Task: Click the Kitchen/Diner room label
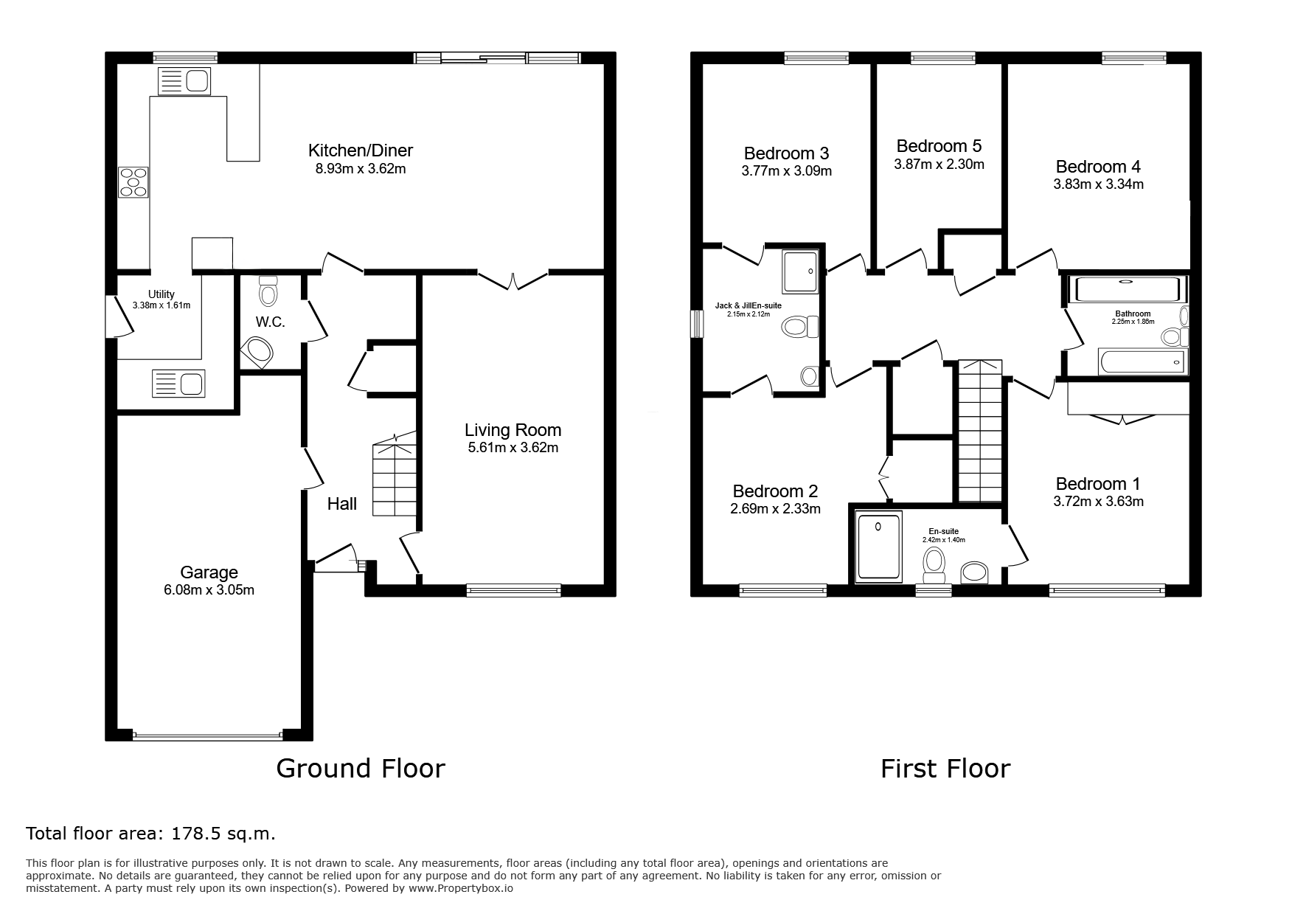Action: (x=361, y=150)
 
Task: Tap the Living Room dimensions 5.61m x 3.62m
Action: (x=513, y=448)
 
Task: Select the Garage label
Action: (x=209, y=572)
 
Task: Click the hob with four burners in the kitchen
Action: (x=133, y=182)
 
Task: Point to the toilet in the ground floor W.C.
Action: (x=268, y=291)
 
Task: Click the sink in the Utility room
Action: (x=178, y=384)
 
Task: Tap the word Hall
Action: (x=342, y=504)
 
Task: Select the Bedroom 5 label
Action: (x=939, y=146)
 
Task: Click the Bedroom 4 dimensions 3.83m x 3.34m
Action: (x=1098, y=184)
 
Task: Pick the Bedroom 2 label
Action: (x=775, y=491)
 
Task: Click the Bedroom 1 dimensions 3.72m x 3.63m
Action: (x=1098, y=502)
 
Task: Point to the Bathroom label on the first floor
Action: (x=1133, y=314)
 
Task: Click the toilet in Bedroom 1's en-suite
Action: (x=935, y=566)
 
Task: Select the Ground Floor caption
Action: (x=361, y=769)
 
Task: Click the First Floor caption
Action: (x=945, y=769)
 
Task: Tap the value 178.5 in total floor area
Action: (x=192, y=834)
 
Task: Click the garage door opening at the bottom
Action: (x=208, y=735)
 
